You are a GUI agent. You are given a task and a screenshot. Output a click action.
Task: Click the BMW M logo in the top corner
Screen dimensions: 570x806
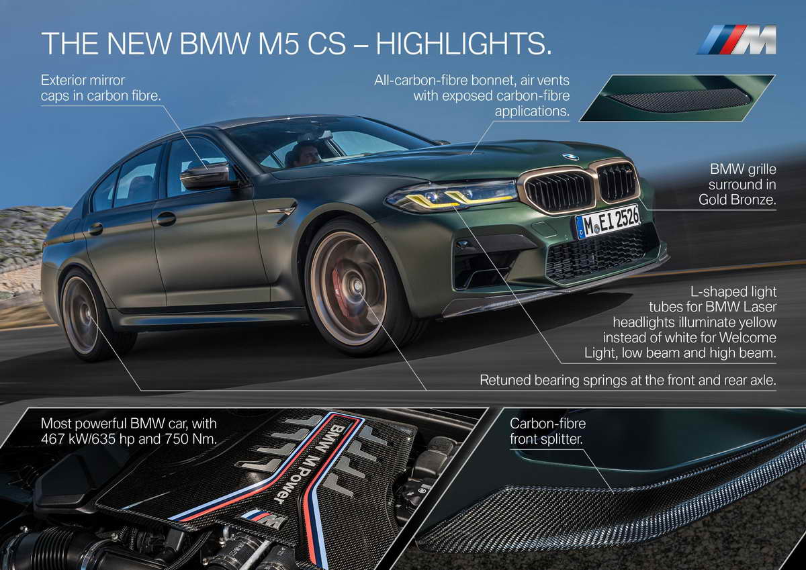736,40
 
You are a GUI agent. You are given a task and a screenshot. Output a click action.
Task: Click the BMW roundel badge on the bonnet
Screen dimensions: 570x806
570,157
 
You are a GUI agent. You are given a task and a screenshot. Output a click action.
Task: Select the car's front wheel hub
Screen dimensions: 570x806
354,287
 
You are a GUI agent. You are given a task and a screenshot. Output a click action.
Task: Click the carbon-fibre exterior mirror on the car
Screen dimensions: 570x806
205,176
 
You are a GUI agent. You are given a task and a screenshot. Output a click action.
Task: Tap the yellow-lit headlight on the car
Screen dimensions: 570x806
451,195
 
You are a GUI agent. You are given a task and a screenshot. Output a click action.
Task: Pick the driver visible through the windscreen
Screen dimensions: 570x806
306,154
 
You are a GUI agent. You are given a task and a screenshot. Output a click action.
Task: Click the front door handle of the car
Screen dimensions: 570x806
166,219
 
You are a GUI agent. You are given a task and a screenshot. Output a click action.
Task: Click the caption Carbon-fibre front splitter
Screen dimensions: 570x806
548,432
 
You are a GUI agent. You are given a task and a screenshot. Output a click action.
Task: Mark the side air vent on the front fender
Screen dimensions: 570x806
281,212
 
